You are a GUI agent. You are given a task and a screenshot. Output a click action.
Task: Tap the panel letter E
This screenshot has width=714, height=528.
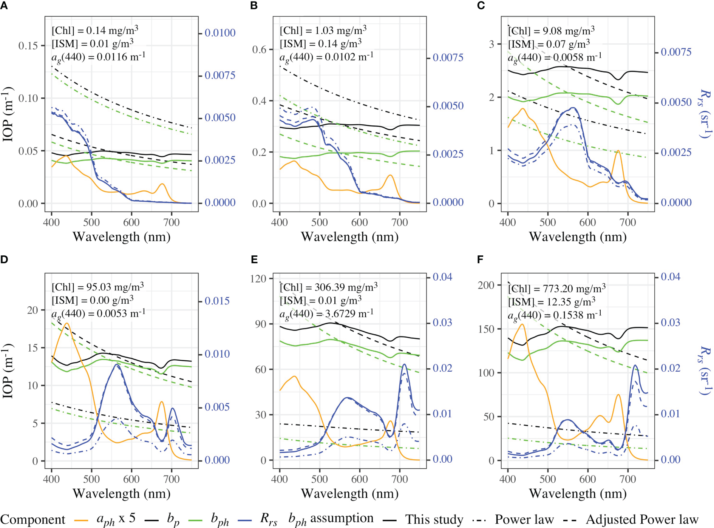[254, 259]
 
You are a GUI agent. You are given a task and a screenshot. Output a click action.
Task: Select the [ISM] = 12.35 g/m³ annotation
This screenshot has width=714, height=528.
[552, 302]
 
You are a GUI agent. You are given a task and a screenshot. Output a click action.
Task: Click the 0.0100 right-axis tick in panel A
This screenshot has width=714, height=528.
[220, 33]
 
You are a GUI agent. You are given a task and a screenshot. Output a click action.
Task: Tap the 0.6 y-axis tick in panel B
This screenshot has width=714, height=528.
[260, 49]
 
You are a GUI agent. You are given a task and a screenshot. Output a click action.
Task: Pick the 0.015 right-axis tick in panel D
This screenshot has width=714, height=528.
[217, 301]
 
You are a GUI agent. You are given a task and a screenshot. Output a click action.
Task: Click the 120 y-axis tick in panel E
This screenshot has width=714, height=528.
[258, 279]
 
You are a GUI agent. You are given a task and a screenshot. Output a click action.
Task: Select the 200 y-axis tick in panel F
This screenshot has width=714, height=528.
[486, 285]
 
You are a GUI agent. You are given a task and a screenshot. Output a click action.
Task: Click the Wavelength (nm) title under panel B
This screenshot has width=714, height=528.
[349, 237]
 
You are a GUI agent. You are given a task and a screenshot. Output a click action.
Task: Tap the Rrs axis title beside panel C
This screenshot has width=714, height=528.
[705, 113]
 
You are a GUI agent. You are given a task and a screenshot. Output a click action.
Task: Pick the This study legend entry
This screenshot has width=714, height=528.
[434, 520]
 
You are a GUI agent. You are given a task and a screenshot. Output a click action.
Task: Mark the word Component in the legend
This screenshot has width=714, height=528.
[32, 520]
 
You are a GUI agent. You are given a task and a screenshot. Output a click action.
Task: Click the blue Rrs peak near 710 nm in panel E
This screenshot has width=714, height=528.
[405, 365]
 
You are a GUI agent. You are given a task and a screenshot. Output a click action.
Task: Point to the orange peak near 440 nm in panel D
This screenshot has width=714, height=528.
[67, 324]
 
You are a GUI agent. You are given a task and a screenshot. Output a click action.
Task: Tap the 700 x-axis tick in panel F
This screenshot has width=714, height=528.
[627, 479]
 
